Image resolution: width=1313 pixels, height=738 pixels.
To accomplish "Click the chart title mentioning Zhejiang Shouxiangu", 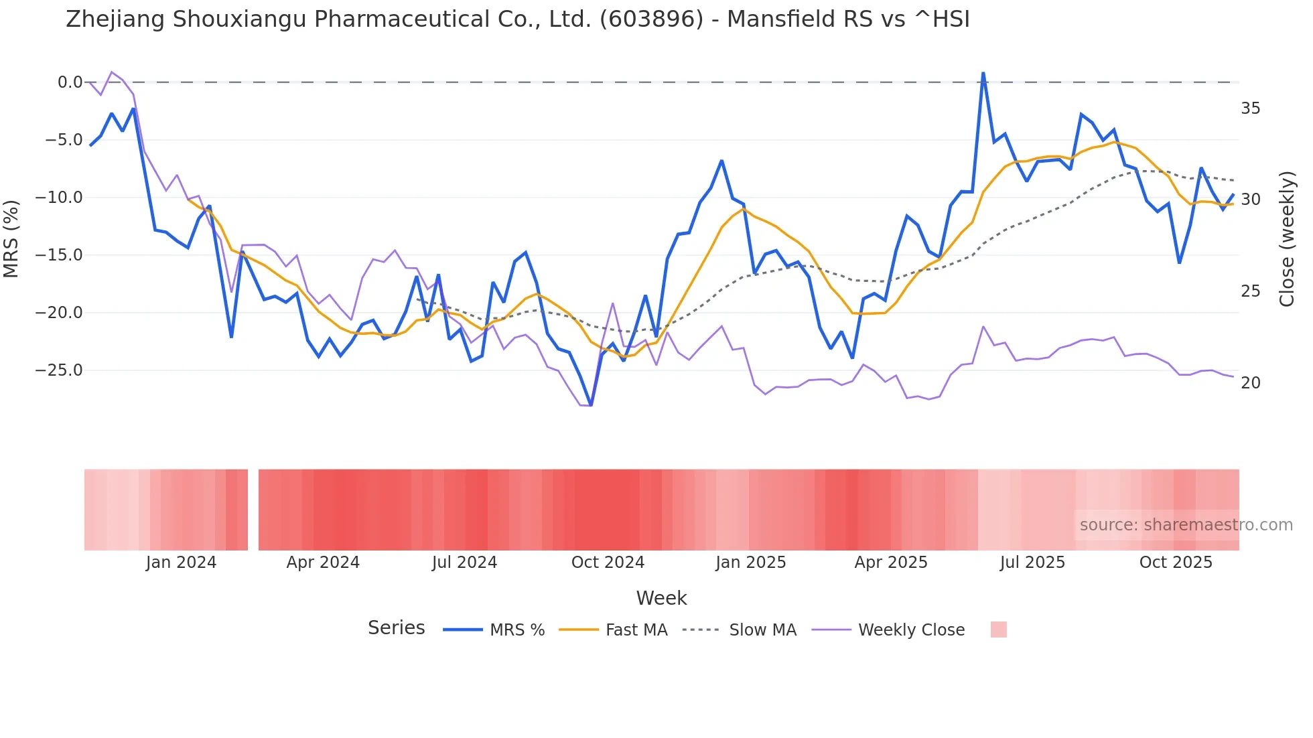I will tap(517, 19).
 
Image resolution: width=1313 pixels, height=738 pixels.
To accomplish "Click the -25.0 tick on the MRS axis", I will tap(64, 370).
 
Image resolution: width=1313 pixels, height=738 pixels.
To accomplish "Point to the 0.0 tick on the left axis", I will tap(70, 82).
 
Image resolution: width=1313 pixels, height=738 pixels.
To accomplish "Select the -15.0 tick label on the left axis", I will tap(64, 255).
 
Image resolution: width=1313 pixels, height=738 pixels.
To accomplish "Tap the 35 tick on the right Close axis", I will tap(1250, 108).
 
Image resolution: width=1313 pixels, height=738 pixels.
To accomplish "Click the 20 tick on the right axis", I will tap(1250, 383).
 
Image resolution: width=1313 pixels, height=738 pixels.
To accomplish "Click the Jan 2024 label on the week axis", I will tap(181, 563).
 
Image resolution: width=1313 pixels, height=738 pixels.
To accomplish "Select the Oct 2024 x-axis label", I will tap(608, 563).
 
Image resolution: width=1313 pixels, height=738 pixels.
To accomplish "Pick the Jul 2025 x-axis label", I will tap(1032, 563).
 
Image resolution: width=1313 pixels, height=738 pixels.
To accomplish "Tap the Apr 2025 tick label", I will tap(891, 563).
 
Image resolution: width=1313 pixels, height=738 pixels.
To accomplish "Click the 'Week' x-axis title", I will tap(661, 598).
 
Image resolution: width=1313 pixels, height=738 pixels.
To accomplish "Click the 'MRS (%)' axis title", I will tap(11, 238).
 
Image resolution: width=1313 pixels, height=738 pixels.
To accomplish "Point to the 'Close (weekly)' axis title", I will tap(1287, 239).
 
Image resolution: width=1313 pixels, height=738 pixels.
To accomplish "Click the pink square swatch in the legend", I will tap(998, 630).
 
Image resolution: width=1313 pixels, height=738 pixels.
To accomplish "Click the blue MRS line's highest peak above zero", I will tap(983, 73).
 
